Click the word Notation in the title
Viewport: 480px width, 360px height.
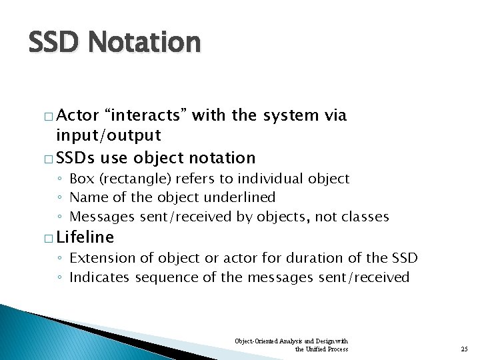tap(144, 43)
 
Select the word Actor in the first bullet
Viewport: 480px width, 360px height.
tap(77, 115)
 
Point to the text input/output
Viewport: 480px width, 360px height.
tap(108, 135)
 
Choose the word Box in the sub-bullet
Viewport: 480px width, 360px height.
tap(81, 179)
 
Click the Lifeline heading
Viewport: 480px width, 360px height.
tap(85, 237)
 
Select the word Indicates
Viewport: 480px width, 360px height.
tap(99, 277)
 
